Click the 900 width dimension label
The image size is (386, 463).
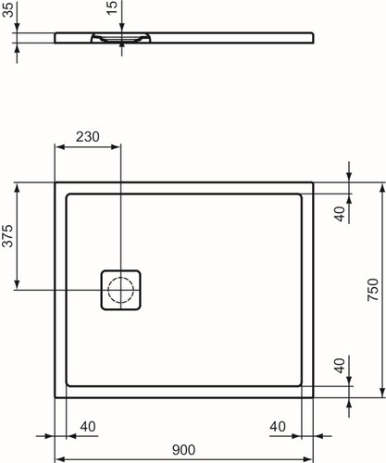coord(183,450)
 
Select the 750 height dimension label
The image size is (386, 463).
coord(373,290)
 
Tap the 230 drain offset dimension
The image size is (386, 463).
coord(88,137)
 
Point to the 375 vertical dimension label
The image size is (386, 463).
coord(8,236)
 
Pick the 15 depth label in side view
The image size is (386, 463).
coord(113,7)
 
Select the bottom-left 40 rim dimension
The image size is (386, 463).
coord(88,427)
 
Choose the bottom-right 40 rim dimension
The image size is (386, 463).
coord(278,427)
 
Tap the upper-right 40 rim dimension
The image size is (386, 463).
coord(340,214)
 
